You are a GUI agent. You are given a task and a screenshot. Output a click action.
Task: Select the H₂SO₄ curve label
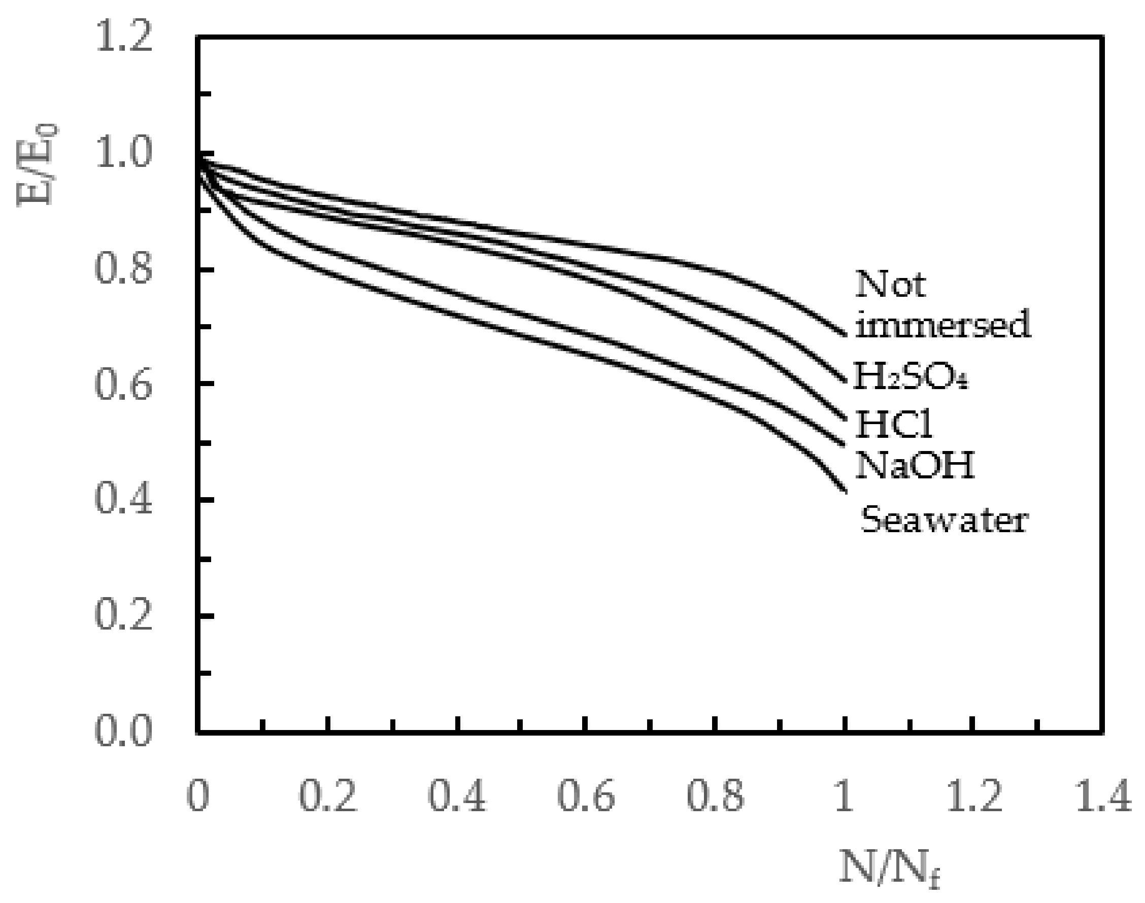pos(911,377)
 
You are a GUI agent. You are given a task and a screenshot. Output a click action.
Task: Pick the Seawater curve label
pos(944,519)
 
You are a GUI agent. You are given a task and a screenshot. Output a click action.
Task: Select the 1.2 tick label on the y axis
pos(124,38)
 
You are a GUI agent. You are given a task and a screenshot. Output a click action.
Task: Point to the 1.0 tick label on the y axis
pos(124,153)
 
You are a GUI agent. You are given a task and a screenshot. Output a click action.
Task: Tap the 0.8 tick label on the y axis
pos(124,269)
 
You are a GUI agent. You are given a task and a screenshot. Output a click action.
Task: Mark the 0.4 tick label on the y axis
pos(124,500)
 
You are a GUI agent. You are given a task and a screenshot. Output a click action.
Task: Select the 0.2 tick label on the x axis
pos(328,796)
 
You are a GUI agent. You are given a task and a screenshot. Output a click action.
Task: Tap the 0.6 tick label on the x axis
pos(586,796)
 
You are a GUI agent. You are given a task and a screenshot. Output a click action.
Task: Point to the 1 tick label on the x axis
pos(844,796)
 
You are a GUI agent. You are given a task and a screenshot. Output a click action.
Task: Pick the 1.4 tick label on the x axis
pos(1103,796)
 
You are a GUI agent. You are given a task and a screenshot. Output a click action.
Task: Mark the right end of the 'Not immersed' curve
pos(845,335)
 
